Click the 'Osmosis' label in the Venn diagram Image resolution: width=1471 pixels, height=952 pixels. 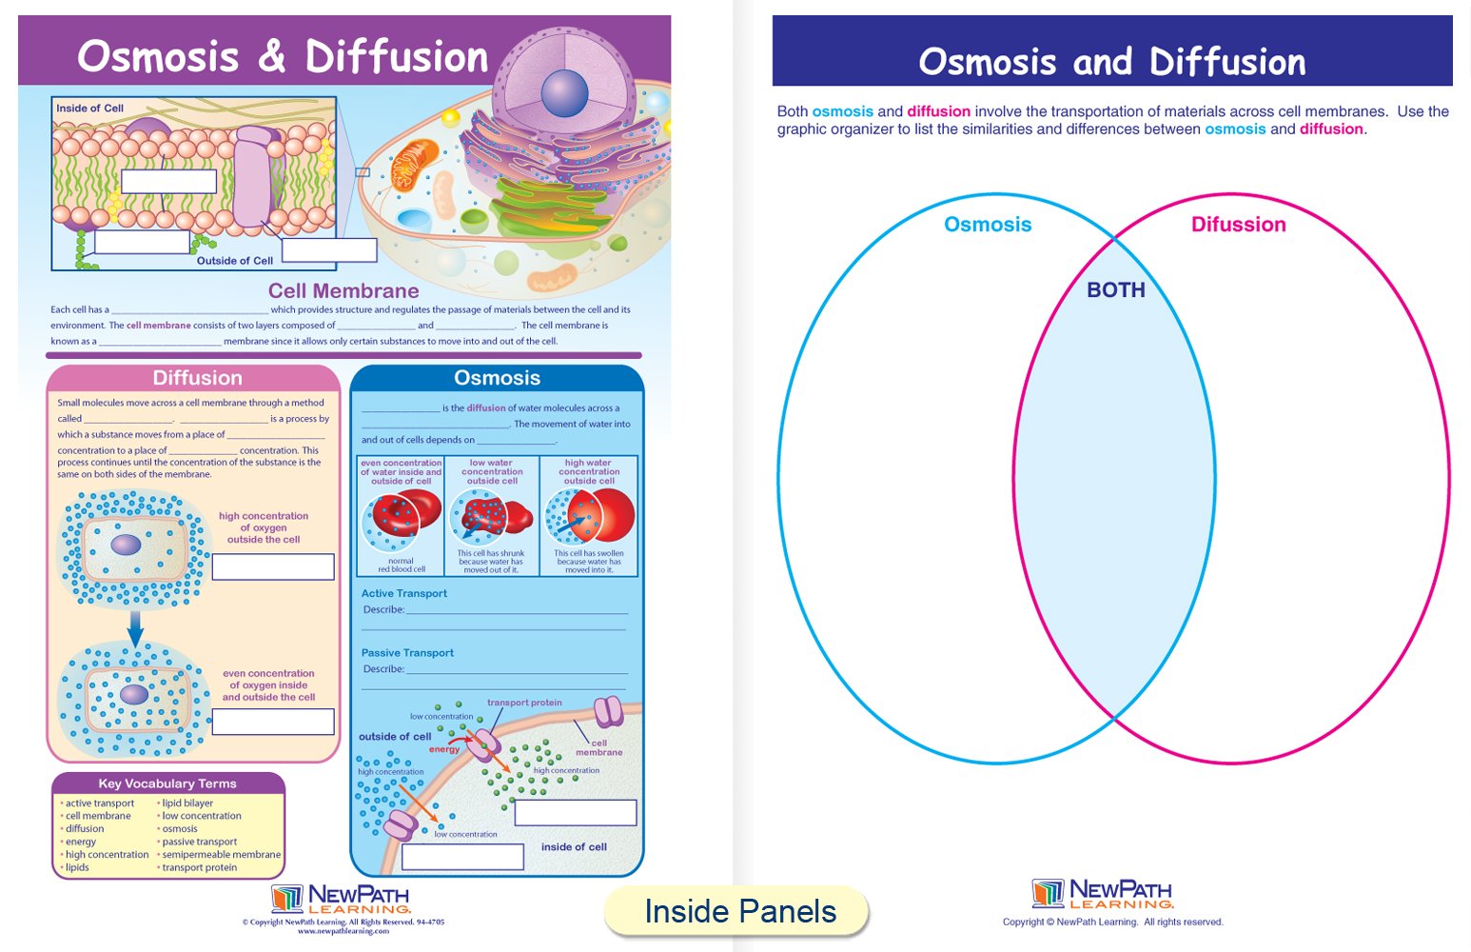988,225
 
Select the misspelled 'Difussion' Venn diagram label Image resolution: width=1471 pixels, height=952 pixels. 1238,225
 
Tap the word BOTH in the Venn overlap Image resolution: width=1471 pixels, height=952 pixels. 1115,290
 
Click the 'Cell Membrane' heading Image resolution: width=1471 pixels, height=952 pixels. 343,291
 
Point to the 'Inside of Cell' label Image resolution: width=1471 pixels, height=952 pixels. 89,109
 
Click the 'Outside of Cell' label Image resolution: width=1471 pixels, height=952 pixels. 234,261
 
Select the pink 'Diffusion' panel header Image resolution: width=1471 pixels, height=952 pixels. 197,378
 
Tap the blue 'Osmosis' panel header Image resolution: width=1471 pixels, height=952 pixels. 497,378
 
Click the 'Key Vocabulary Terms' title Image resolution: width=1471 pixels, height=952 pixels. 167,783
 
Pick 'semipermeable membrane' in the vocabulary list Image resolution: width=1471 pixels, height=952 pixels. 221,855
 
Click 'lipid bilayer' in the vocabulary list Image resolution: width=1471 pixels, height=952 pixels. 187,803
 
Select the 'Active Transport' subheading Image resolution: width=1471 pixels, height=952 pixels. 403,593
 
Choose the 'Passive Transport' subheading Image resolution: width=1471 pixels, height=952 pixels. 407,653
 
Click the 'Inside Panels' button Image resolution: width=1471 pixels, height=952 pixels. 739,911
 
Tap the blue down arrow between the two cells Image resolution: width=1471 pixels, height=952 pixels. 135,629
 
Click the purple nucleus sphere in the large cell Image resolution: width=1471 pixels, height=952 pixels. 565,93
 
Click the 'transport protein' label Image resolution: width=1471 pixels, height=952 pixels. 524,703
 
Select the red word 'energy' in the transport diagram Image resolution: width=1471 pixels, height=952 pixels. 443,749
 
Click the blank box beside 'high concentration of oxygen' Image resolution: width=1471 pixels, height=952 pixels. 273,566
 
